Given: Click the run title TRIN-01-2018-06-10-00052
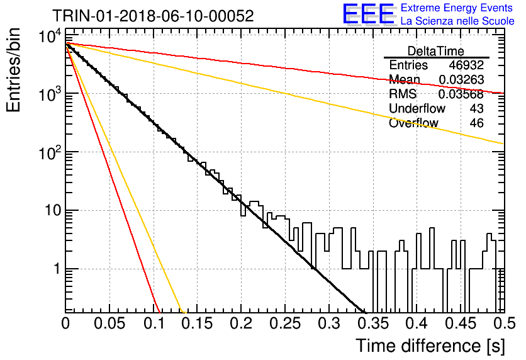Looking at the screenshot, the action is pos(153,16).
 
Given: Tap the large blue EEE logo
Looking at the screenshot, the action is pos(368,14).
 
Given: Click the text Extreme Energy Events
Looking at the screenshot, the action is pos(457,8).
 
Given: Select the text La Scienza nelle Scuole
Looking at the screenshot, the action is pos(457,21).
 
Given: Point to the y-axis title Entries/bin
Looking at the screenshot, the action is pos(13,70).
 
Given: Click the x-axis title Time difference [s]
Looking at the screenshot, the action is pos(430,346).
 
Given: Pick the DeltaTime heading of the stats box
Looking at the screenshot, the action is pos(435,51).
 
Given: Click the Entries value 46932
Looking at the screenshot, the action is pos(466,65).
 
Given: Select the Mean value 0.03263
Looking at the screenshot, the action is pos(461,79).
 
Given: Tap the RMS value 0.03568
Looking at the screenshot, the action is pos(461,94).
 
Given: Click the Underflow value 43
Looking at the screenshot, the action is pos(477,108).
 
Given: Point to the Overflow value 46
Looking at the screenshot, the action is pos(477,123).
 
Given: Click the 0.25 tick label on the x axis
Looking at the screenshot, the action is pos(285,323).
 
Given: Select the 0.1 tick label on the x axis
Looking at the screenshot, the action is pos(154,323).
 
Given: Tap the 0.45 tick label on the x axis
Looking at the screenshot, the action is pos(461,323).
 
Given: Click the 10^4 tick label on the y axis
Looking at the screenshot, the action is pos(50,36).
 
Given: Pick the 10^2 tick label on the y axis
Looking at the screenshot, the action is pos(50,153).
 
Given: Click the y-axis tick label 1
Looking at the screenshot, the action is pos(57,269).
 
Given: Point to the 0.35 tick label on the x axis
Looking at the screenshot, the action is pos(373,323).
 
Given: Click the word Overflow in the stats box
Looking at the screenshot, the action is pos(413,123).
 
